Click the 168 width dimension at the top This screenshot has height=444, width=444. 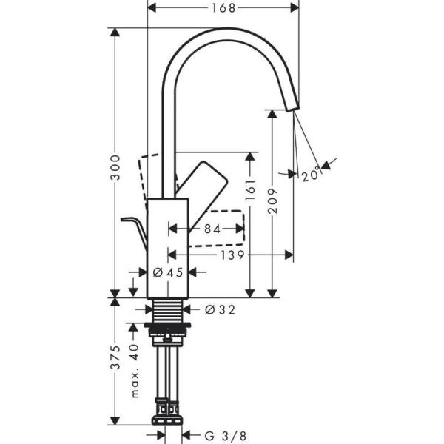coord(223,8)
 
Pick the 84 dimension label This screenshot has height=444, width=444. coord(212,230)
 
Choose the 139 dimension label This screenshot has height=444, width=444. coord(231,255)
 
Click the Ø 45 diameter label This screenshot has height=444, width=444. coord(167,272)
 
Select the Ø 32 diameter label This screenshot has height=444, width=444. coord(219,310)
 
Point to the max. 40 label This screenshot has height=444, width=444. coord(134,370)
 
